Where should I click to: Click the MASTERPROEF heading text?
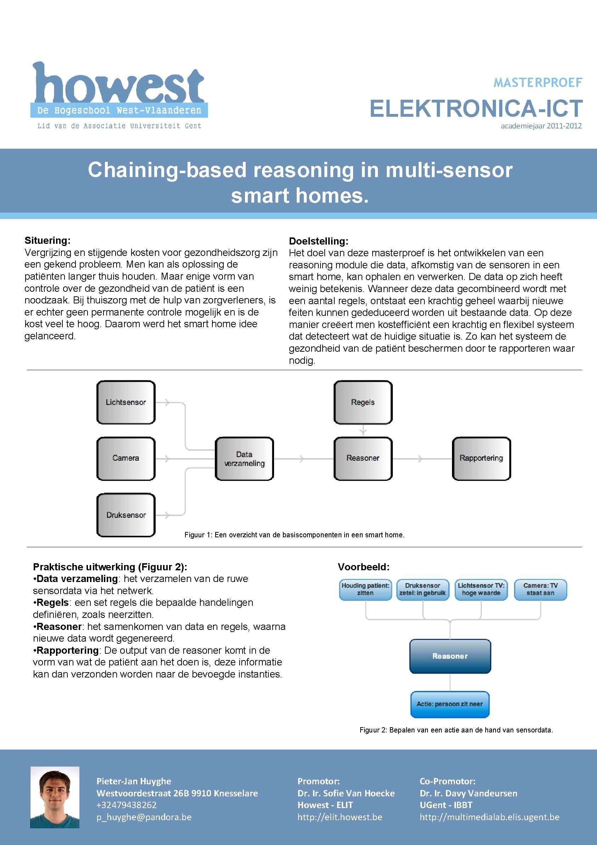point(537,83)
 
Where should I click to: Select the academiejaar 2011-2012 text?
point(541,126)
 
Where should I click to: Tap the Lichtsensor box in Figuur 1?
point(126,402)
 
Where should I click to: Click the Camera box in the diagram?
point(126,458)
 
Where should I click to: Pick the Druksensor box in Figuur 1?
point(126,515)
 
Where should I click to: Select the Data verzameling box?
point(244,459)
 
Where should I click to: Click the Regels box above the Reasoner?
point(363,402)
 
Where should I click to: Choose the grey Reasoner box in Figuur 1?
point(363,458)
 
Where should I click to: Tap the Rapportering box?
point(481,458)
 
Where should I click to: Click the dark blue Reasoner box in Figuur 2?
point(450,656)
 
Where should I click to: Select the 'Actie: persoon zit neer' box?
point(450,704)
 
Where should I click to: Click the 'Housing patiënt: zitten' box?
point(366,589)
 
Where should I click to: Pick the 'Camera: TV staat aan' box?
point(540,589)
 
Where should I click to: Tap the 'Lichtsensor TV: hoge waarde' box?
point(481,589)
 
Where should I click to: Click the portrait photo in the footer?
point(55,797)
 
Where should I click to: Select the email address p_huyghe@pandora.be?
point(144,817)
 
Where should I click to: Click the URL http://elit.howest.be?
point(340,817)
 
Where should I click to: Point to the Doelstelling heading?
point(318,241)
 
